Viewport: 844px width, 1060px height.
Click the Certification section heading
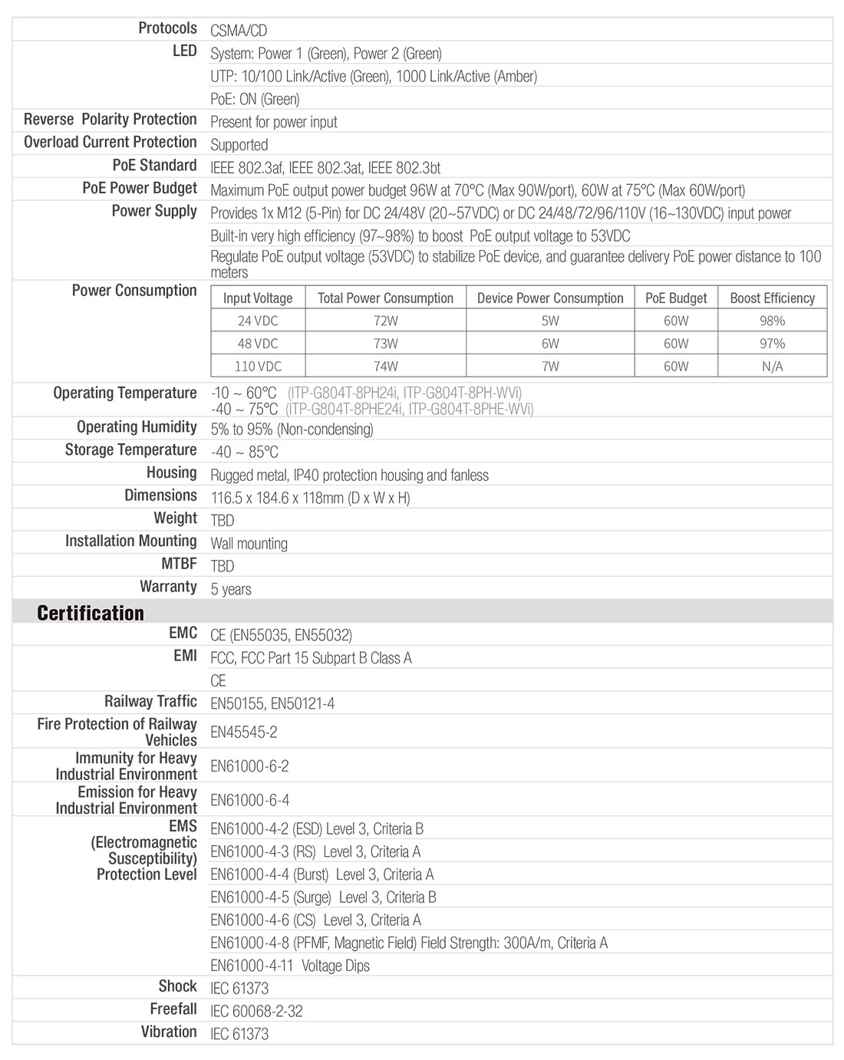click(x=91, y=613)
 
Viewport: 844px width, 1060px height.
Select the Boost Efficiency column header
click(x=772, y=298)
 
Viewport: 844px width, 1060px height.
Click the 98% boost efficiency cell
click(x=772, y=321)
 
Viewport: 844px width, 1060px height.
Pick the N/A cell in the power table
click(x=772, y=367)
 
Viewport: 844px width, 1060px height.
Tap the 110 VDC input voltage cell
click(x=258, y=367)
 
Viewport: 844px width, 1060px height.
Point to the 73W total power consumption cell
click(x=385, y=344)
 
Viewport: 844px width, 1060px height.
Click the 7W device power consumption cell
click(x=550, y=367)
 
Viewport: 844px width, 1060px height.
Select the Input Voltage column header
click(x=258, y=298)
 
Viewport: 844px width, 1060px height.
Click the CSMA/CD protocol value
click(x=239, y=31)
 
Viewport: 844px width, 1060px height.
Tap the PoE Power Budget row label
click(x=140, y=189)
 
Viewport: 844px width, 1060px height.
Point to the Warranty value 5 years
click(x=231, y=589)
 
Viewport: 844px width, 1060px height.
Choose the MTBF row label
click(x=179, y=564)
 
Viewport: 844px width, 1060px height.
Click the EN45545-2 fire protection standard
click(x=244, y=732)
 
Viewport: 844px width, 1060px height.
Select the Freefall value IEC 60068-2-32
click(x=256, y=1011)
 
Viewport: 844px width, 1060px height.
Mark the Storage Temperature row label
click(x=130, y=449)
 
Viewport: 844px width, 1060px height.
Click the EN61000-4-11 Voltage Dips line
click(x=290, y=966)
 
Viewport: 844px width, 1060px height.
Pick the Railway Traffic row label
click(x=150, y=701)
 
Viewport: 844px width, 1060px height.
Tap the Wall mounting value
click(x=249, y=544)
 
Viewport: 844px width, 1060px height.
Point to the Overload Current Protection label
click(x=110, y=143)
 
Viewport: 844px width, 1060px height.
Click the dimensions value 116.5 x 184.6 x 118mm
click(x=310, y=498)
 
